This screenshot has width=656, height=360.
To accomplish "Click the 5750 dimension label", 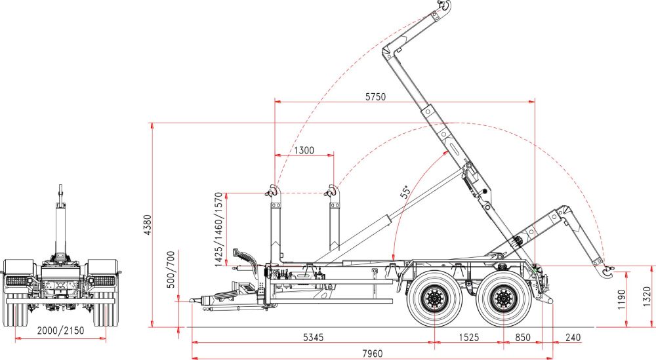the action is (375, 97).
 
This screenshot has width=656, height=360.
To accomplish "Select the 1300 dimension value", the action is (304, 150).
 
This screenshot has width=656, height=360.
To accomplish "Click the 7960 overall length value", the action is (372, 354).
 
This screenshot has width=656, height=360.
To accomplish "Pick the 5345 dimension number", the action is (314, 337).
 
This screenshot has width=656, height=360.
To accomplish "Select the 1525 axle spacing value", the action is (468, 337).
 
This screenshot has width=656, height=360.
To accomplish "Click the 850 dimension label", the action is (523, 337).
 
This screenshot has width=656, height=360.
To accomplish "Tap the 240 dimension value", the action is (573, 337).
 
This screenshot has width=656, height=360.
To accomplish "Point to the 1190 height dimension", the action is (621, 299).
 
